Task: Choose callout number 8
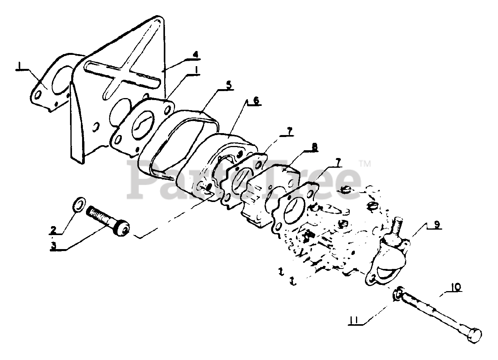(x=314, y=147)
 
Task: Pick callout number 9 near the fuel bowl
(x=437, y=225)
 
